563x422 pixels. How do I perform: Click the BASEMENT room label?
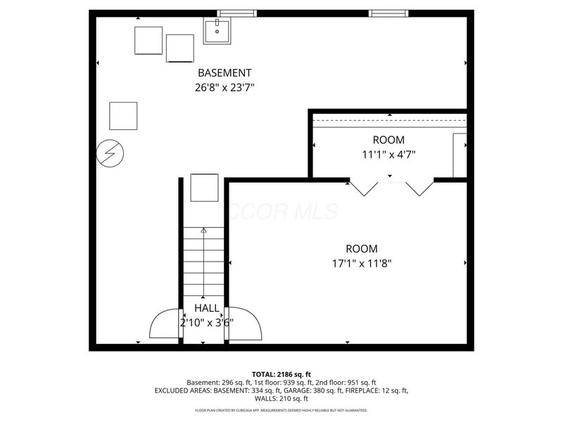[x=224, y=72]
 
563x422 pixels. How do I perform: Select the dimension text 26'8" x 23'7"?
[x=224, y=88]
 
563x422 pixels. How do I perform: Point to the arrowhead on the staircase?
[x=204, y=230]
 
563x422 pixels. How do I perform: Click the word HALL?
[x=206, y=308]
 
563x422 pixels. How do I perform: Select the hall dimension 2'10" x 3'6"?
[x=206, y=323]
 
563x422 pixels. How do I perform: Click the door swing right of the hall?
[x=244, y=325]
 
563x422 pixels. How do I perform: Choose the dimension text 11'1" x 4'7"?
[x=389, y=155]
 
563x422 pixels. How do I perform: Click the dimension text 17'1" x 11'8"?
[x=361, y=264]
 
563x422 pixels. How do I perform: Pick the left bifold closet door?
[x=364, y=188]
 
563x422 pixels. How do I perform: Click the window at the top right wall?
[x=386, y=13]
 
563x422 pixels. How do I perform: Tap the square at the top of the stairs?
[x=205, y=187]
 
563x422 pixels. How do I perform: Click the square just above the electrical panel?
[x=123, y=116]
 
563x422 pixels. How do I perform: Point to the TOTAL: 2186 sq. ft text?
[x=281, y=373]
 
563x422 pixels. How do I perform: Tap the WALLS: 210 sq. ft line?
[x=281, y=398]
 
